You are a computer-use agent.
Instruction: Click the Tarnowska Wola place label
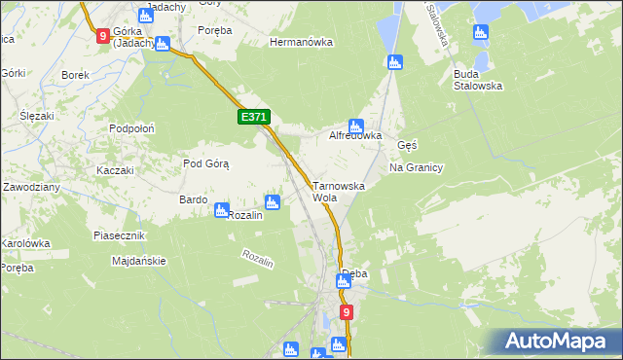338,191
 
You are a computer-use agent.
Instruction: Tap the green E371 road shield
253,117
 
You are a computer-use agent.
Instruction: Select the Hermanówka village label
302,43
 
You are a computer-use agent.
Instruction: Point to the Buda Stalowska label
477,79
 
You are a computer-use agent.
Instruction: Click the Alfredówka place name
355,136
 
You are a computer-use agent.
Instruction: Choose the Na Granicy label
416,167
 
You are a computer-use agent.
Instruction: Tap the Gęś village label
408,145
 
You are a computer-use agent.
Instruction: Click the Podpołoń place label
133,128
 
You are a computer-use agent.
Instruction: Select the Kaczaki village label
114,170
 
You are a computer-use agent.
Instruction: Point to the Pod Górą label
205,163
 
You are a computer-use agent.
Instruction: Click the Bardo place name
193,199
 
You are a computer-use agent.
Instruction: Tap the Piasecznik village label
119,235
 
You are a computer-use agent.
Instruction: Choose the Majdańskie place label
139,261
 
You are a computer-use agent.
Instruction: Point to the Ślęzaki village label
37,115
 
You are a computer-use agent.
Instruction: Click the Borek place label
75,75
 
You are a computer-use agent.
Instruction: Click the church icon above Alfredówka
356,125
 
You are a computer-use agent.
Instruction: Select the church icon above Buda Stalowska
479,33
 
